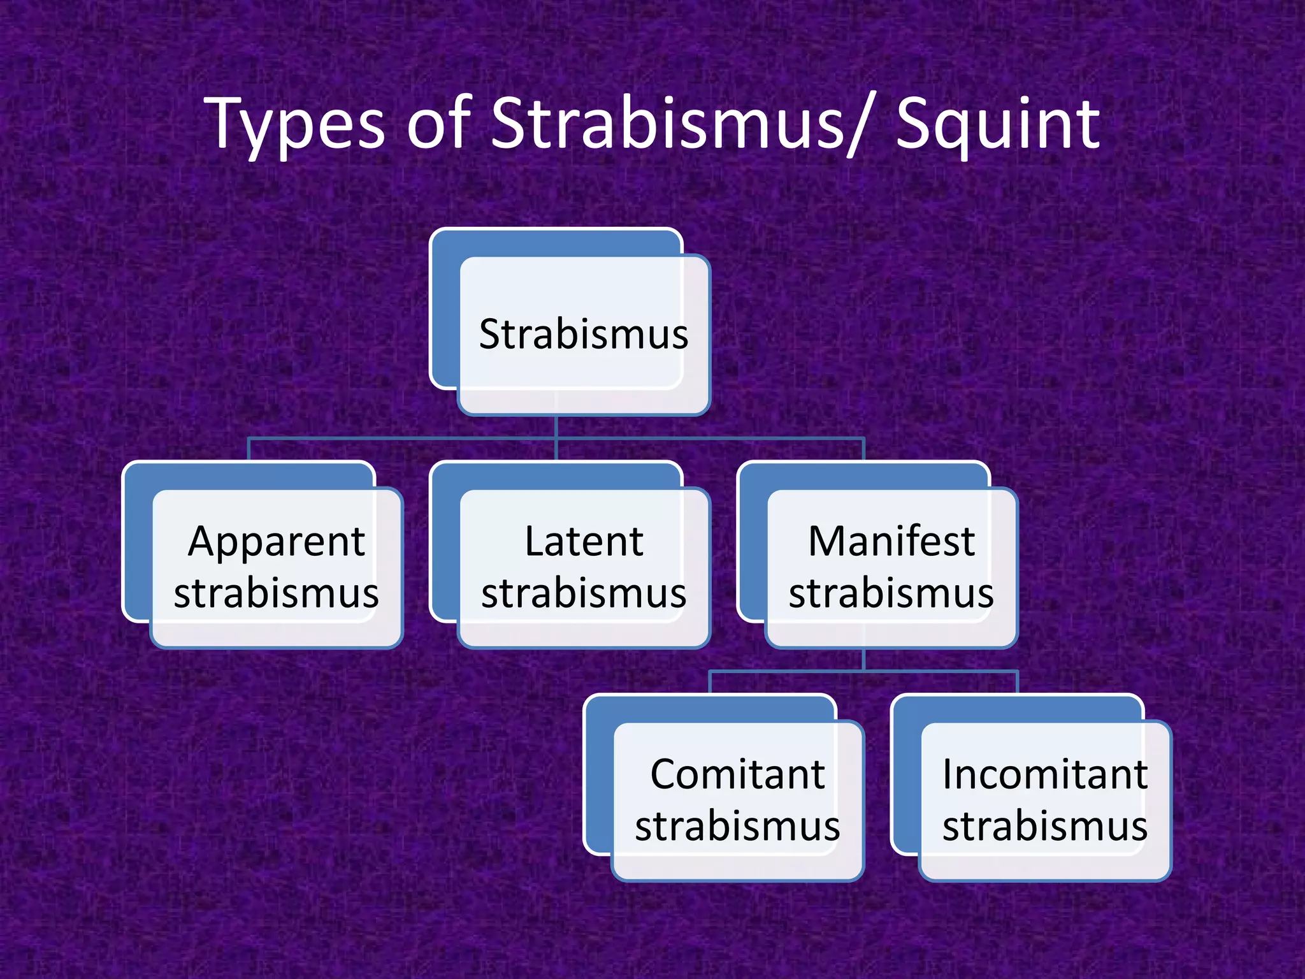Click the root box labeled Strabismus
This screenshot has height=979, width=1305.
pos(583,334)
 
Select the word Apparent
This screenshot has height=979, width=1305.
pos(276,542)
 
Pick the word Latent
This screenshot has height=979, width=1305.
pos(584,542)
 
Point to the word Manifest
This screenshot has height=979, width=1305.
pos(891,542)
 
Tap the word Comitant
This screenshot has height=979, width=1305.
pos(737,774)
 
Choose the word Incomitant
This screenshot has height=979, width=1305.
pos(1045,774)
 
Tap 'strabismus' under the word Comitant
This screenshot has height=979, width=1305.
pos(737,826)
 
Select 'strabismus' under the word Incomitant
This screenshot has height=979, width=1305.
pos(1045,826)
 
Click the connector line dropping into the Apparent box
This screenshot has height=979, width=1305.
pos(249,450)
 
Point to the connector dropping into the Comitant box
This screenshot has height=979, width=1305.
pos(710,683)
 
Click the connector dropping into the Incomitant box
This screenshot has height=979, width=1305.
pos(1018,683)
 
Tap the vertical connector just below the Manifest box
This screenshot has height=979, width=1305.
pos(863,660)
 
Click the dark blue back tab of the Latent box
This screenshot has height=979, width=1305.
pos(445,542)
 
